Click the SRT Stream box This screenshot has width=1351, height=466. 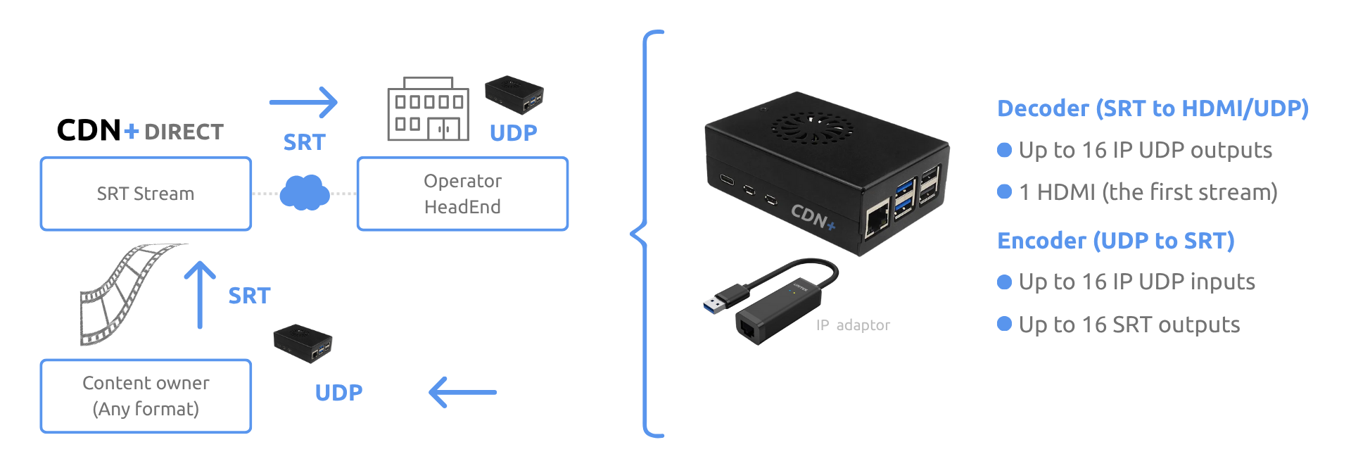pos(146,194)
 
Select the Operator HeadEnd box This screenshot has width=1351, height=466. pos(462,194)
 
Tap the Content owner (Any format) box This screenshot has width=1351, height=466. pos(146,396)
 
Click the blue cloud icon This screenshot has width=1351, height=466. pos(304,192)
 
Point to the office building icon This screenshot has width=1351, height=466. pos(428,110)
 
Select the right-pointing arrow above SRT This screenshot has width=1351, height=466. pos(304,103)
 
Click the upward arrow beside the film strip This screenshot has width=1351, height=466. pos(201,294)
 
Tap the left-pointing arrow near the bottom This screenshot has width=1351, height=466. pos(462,392)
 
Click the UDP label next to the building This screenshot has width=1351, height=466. pos(513,133)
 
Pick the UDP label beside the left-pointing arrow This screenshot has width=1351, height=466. pos(338,393)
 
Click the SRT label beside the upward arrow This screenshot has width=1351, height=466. pos(249,296)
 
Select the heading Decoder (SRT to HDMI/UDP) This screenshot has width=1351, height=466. pos(1153,108)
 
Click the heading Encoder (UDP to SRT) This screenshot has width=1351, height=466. pos(1115,241)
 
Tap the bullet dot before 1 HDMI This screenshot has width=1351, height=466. pos(1005,191)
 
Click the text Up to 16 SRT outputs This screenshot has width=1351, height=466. pos(1129,325)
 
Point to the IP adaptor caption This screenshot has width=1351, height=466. pos(853,325)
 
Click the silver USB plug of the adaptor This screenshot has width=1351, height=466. pos(716,303)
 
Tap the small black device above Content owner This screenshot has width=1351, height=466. pos(303,343)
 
